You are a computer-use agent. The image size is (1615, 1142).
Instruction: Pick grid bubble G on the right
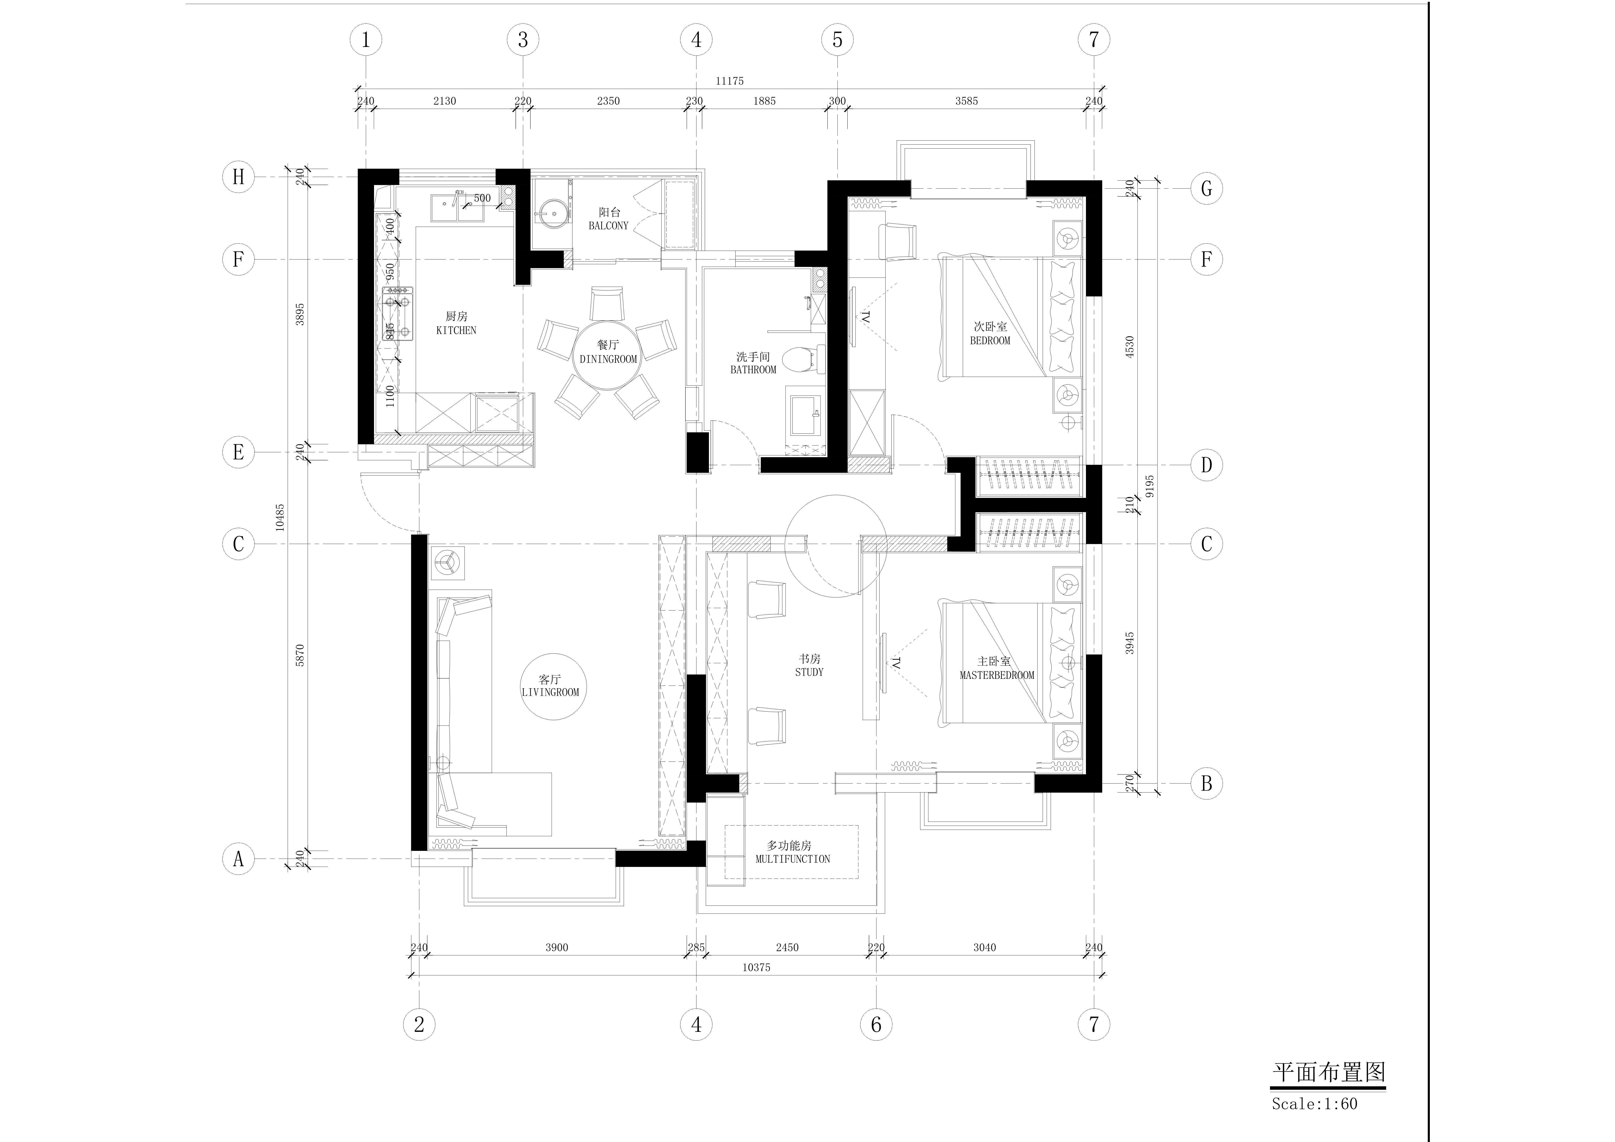point(1206,189)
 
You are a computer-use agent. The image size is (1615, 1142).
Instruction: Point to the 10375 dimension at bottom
point(756,968)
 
